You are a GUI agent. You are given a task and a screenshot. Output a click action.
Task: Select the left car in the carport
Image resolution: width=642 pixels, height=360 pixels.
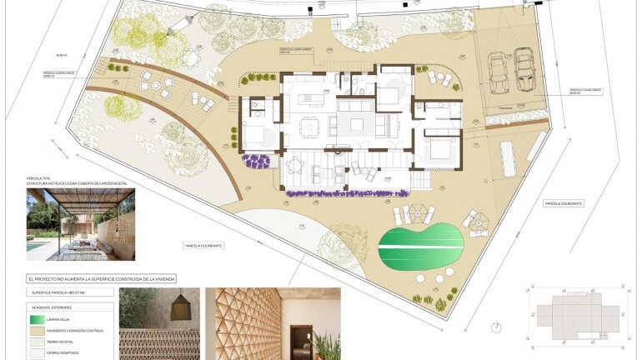499,72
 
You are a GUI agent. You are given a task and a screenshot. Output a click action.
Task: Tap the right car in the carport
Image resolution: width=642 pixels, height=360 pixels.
524,69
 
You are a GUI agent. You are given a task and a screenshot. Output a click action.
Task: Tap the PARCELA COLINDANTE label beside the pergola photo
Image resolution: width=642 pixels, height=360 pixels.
203,245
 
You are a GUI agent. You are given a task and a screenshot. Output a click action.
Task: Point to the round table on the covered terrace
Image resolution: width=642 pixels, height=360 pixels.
293,165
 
